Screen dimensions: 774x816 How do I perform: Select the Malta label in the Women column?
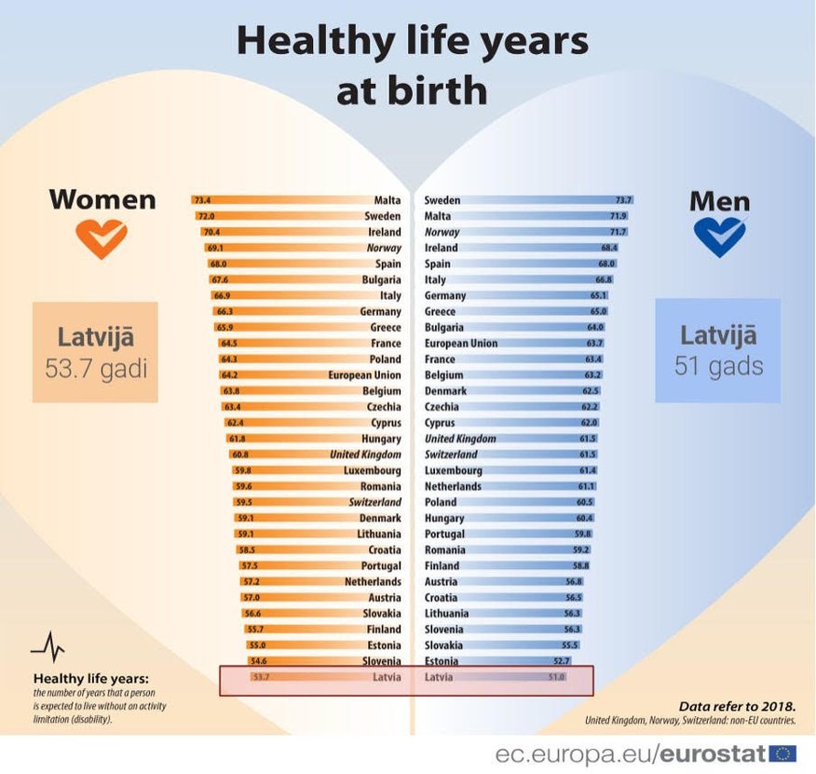tap(388, 200)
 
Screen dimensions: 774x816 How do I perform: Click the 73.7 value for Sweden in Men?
tap(623, 200)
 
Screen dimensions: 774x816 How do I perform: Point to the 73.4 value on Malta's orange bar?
tap(202, 200)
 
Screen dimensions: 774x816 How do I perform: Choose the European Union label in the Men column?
tap(460, 344)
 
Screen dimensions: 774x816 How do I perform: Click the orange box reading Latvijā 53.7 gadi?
tap(95, 352)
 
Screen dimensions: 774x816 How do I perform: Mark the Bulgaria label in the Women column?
tap(382, 279)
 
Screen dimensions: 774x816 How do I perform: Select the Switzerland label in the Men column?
tap(451, 455)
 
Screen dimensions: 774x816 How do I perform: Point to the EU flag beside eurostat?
tap(782, 753)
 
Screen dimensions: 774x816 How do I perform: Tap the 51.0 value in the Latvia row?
tap(556, 677)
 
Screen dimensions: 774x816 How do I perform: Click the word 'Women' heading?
tap(102, 199)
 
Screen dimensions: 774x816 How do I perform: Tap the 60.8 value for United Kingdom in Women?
tap(239, 455)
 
